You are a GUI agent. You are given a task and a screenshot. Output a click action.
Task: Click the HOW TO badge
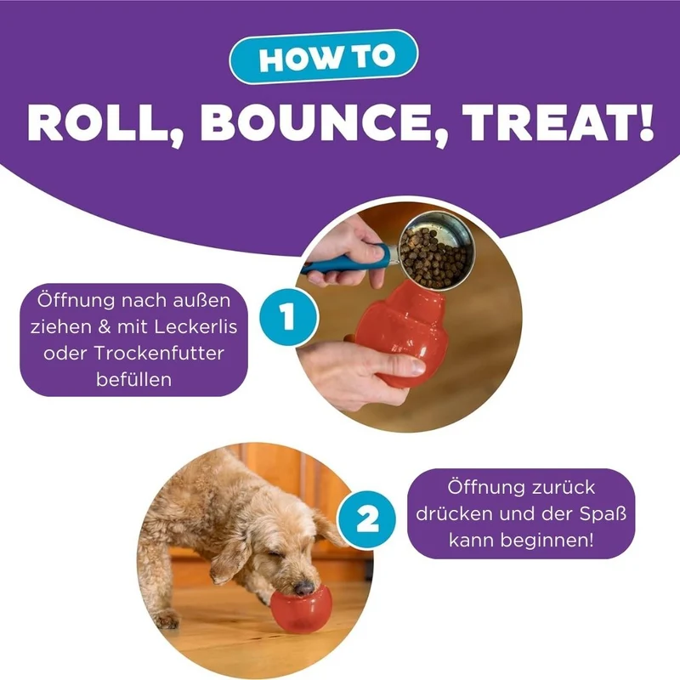pyautogui.click(x=324, y=57)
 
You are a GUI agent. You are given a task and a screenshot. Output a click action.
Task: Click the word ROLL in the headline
pyautogui.click(x=105, y=123)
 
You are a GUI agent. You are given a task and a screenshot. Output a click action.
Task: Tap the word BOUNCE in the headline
pyautogui.click(x=323, y=123)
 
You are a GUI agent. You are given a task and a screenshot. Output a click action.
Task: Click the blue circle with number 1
pyautogui.click(x=289, y=317)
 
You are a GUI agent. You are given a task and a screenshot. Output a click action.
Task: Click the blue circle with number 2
pyautogui.click(x=367, y=519)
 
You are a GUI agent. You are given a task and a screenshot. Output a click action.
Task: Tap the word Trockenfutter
pyautogui.click(x=159, y=353)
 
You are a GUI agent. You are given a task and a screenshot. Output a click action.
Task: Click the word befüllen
pyautogui.click(x=134, y=379)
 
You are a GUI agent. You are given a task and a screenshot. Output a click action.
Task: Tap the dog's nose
pyautogui.click(x=304, y=588)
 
